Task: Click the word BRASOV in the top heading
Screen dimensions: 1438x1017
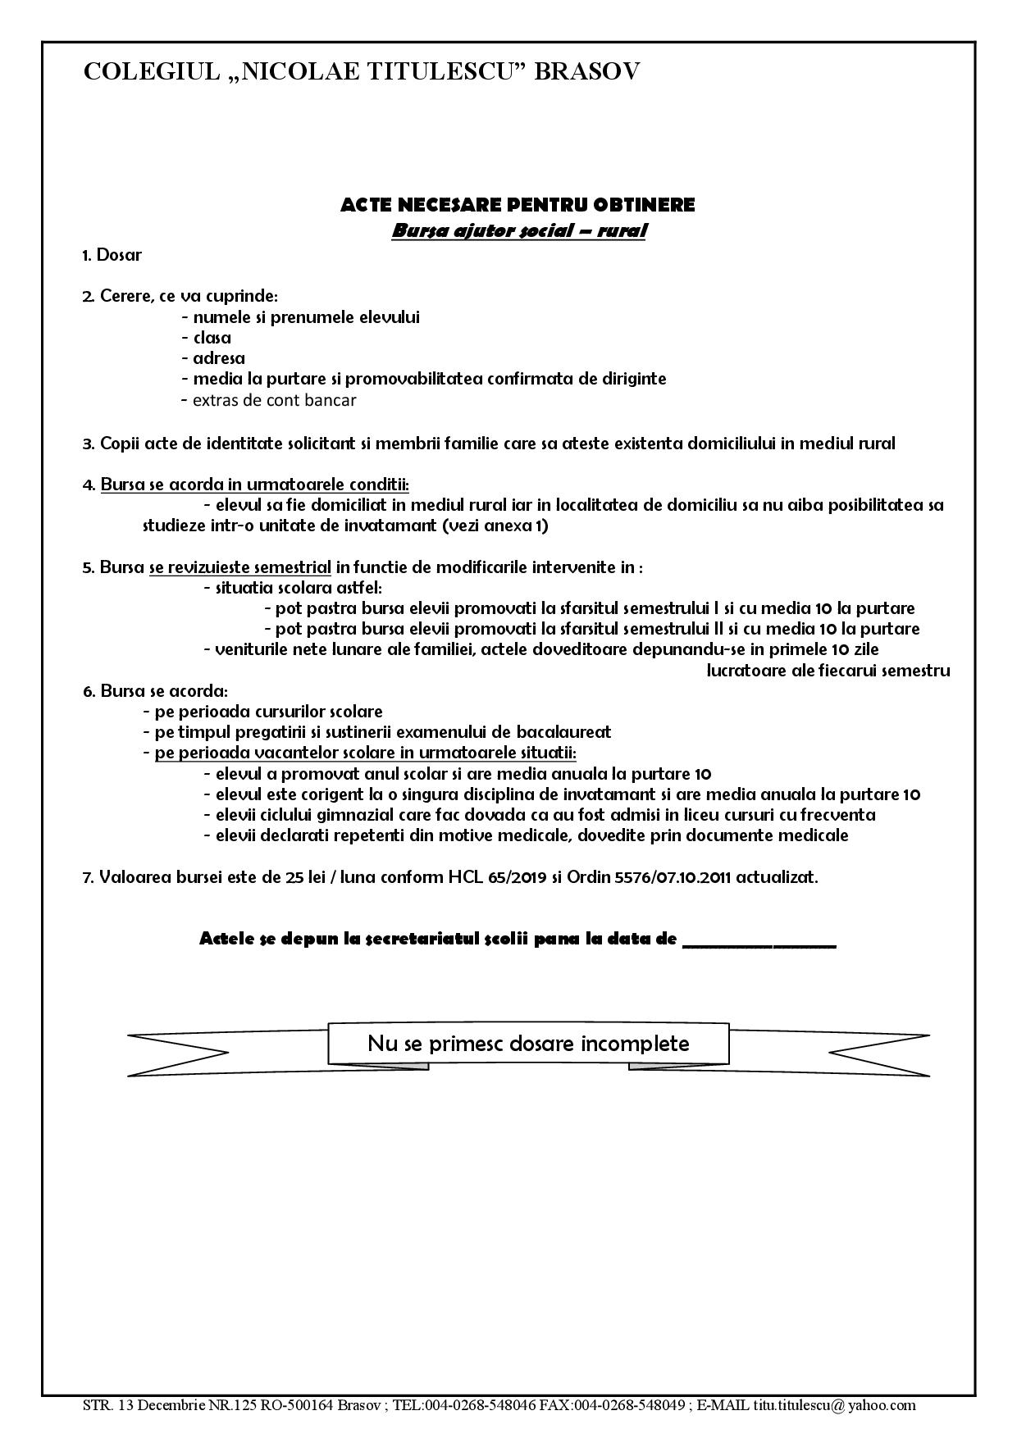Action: [587, 72]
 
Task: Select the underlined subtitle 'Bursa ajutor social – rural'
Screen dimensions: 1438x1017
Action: [518, 230]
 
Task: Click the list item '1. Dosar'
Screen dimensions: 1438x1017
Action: [112, 255]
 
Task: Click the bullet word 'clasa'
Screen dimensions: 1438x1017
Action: [212, 338]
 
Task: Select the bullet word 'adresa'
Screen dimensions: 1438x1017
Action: [218, 358]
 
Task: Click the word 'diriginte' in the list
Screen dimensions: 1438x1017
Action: [632, 379]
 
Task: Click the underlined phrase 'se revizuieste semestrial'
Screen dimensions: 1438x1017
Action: [240, 567]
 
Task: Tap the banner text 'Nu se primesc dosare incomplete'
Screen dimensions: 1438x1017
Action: [528, 1044]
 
